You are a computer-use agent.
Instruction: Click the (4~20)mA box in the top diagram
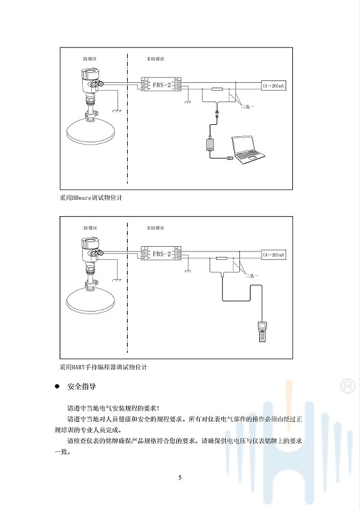[x=274, y=86]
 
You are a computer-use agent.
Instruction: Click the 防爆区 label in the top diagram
[x=90, y=59]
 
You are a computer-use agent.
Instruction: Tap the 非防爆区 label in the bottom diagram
[x=155, y=229]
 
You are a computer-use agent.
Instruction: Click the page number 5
[x=179, y=478]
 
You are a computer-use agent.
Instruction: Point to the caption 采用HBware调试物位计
[x=88, y=196]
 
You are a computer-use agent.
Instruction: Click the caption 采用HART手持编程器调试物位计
[x=103, y=366]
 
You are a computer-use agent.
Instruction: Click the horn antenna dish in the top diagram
[x=90, y=128]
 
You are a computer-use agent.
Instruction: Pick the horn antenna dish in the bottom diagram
[x=90, y=298]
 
